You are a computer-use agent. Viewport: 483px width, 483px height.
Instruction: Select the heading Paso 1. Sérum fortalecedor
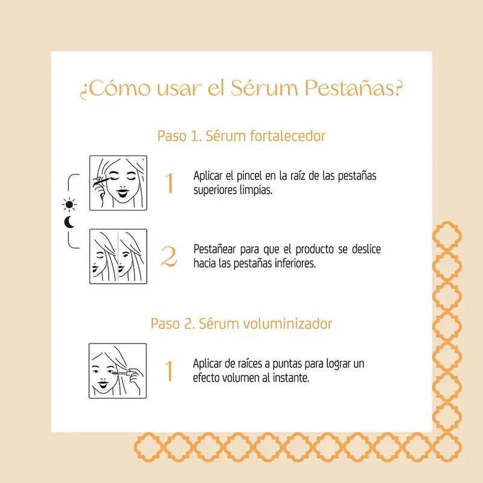click(x=241, y=136)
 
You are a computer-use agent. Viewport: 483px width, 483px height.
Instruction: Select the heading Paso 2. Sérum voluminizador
click(x=241, y=324)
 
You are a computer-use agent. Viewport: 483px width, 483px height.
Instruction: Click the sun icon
click(x=70, y=203)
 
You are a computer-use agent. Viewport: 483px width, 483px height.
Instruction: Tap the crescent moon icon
click(x=69, y=222)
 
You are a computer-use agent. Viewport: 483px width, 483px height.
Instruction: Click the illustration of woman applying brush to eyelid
click(x=118, y=183)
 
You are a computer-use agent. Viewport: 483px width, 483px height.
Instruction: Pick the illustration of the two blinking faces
click(x=118, y=256)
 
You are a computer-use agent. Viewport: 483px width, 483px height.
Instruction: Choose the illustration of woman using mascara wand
click(x=118, y=370)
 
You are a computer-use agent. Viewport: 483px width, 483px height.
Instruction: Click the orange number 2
click(x=169, y=257)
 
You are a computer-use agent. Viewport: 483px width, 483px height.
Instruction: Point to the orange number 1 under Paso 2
click(x=170, y=371)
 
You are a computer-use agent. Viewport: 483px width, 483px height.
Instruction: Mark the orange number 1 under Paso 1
click(x=170, y=184)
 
